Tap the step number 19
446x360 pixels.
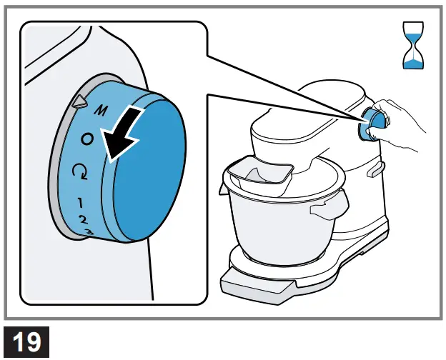click(x=26, y=340)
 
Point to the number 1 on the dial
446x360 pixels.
click(x=80, y=202)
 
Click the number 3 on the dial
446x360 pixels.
click(x=89, y=231)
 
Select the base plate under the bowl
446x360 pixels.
click(x=257, y=282)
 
